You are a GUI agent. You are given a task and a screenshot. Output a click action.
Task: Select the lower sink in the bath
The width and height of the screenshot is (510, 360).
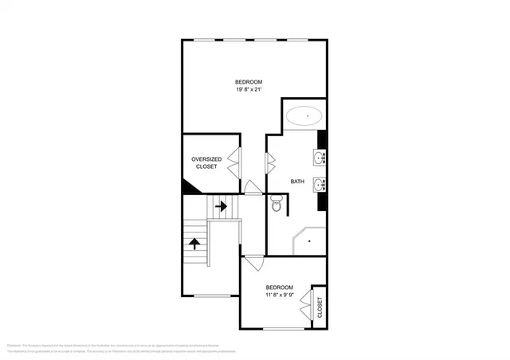tap(320, 185)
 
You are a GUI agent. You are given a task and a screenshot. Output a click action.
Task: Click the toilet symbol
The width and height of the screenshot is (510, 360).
tap(277, 205)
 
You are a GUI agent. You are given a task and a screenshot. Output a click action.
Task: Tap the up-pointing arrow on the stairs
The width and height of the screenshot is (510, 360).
tap(194, 243)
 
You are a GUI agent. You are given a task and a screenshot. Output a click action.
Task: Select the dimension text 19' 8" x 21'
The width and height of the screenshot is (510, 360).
tap(248, 91)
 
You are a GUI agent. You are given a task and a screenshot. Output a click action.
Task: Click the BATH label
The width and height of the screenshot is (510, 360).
tap(296, 182)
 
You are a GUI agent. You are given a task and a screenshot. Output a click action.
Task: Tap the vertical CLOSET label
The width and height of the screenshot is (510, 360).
tap(320, 307)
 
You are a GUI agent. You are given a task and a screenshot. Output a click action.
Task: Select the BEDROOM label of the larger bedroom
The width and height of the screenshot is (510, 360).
tap(248, 82)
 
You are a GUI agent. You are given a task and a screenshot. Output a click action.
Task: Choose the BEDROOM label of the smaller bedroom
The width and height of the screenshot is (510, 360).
tap(279, 287)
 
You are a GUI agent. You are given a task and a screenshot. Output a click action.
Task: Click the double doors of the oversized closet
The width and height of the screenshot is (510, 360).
tap(234, 162)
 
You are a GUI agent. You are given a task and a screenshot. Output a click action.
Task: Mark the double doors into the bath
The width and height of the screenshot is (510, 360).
tap(271, 163)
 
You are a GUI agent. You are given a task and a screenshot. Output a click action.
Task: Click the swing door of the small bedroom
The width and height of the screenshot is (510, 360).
tap(253, 262)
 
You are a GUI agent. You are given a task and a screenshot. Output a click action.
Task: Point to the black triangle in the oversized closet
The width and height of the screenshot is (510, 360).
tap(190, 187)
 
